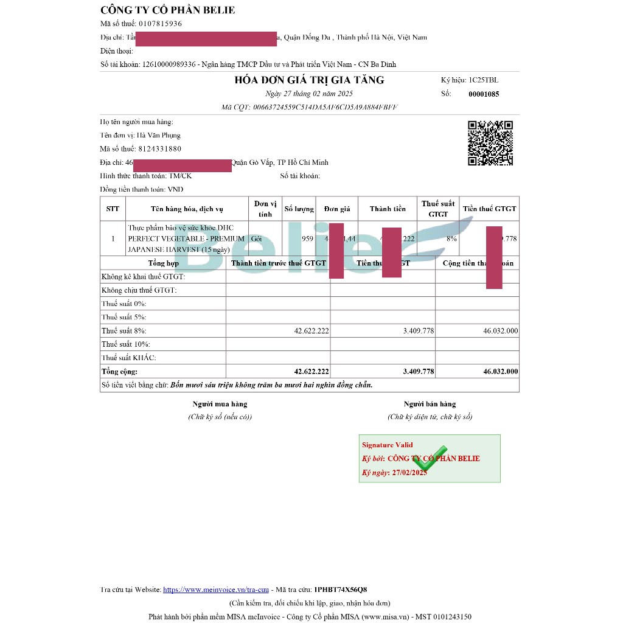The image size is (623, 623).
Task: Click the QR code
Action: point(490,143)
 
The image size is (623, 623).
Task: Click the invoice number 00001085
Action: point(484,94)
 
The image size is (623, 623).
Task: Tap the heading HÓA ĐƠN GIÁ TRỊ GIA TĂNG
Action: point(309,80)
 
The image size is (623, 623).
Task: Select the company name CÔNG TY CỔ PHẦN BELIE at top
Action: point(168,10)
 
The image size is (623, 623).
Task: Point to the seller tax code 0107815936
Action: point(160,24)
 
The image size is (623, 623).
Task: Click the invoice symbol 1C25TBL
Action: point(483,80)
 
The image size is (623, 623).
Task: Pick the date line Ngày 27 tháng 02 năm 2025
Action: point(309,94)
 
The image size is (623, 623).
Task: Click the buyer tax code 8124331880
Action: point(160,149)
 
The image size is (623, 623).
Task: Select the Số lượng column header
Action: point(299,209)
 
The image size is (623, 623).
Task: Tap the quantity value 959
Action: point(307,239)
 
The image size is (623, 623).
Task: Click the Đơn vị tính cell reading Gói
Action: point(256,239)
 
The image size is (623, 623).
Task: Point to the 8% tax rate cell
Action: point(451,239)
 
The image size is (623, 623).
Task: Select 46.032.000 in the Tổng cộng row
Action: point(501,372)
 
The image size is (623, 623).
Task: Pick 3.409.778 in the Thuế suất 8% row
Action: point(419,331)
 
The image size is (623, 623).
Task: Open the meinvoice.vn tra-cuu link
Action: point(216,590)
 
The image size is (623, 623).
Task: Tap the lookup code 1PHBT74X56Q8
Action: point(340,590)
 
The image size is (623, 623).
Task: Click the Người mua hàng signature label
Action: point(220,404)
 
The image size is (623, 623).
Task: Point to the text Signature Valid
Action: point(387,445)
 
